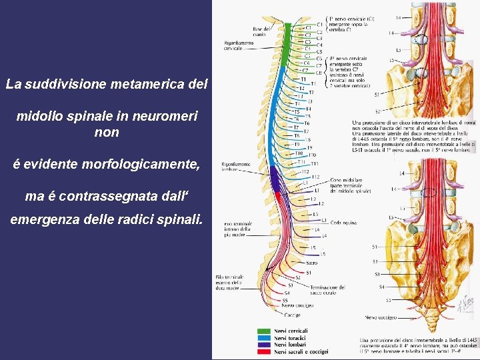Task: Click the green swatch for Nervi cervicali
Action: coord(265,331)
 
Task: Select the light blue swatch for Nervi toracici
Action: coord(265,338)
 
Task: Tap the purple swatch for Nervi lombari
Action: coord(265,345)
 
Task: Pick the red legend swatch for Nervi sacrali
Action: coord(265,351)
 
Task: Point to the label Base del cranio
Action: coord(261,31)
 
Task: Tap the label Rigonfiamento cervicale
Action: coord(238,46)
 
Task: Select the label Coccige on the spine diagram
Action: coord(293,314)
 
